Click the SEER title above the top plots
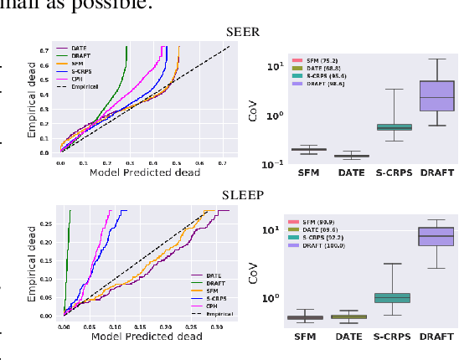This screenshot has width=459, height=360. click(x=243, y=33)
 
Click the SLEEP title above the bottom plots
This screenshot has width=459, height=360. click(x=243, y=195)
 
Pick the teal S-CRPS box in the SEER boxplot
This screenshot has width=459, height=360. click(x=382, y=126)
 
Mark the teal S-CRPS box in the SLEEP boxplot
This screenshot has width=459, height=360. click(x=382, y=297)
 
